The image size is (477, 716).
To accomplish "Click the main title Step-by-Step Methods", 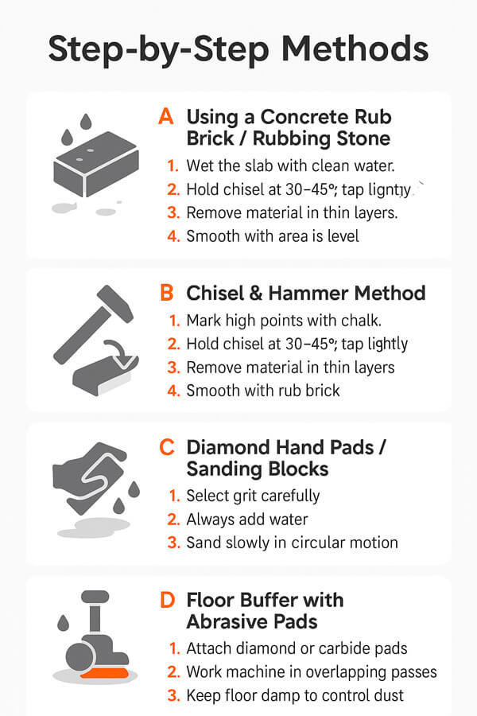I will tap(238, 49).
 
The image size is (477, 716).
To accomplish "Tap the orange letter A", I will tap(165, 117).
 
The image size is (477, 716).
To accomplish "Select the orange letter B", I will tap(166, 293).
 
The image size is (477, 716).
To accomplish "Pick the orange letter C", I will tap(166, 447).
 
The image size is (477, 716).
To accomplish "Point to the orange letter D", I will tap(167, 600).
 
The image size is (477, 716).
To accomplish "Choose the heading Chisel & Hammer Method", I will tap(306, 293).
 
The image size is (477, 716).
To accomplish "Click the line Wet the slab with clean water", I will tap(290, 166).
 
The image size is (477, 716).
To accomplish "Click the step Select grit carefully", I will tap(253, 496).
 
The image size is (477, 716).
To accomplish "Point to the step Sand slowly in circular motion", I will tap(292, 543).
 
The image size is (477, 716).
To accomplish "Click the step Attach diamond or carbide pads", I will tap(297, 648).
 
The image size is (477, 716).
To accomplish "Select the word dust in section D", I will tap(389, 695).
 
